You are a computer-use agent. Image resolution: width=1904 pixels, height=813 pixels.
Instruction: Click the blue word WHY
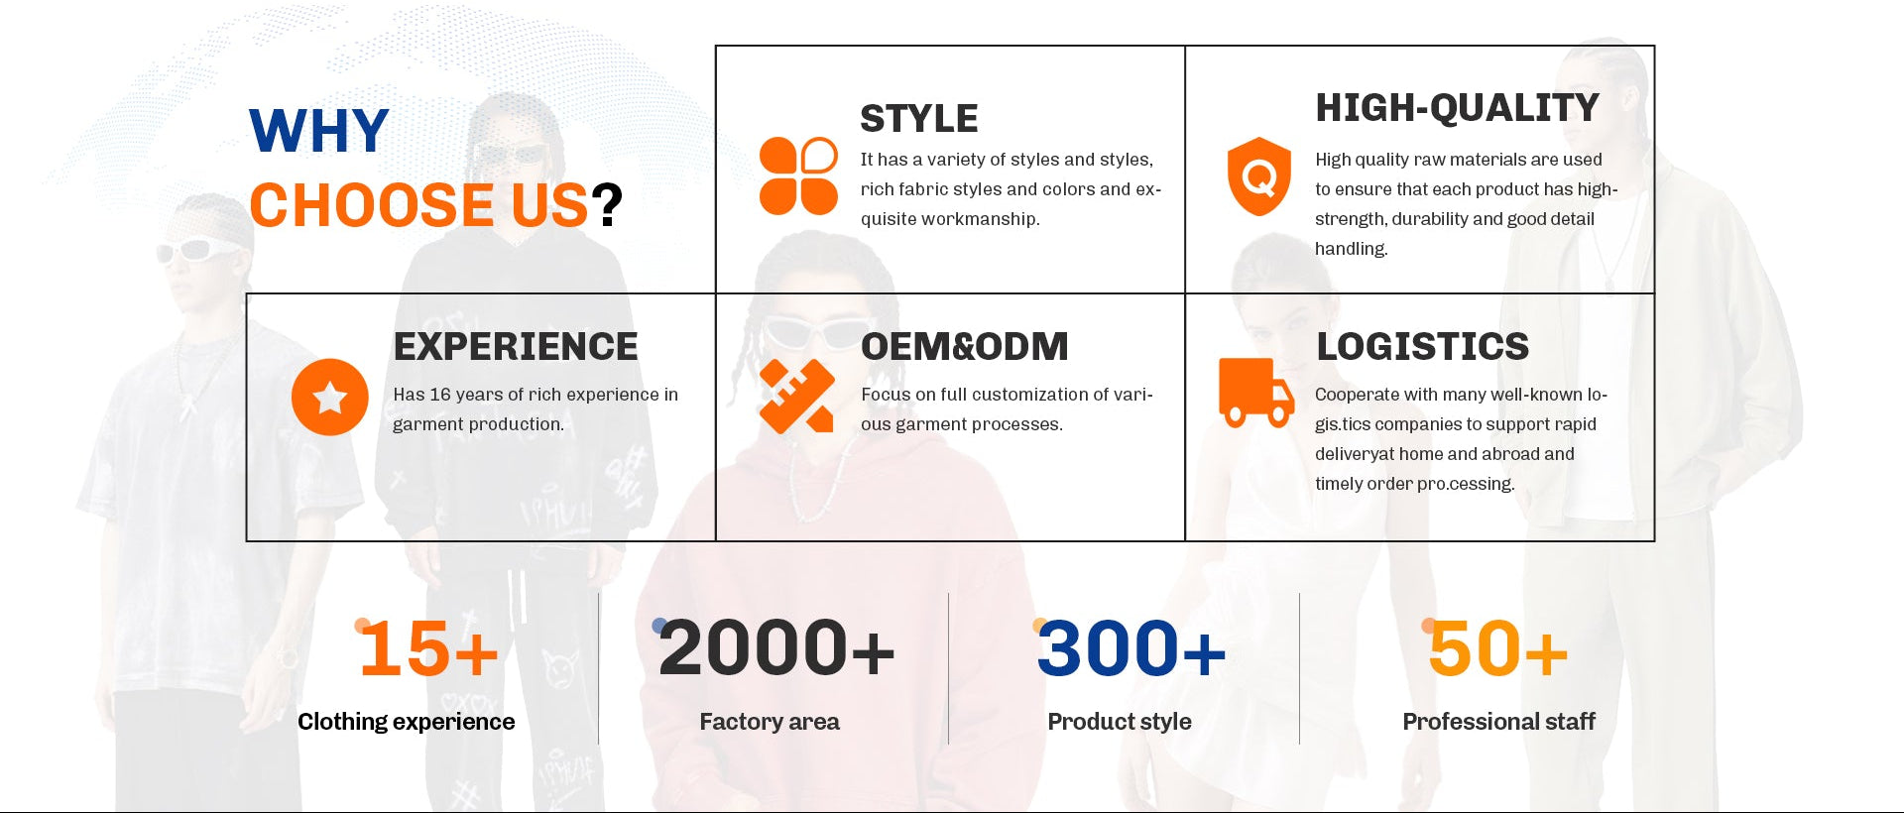[x=318, y=131]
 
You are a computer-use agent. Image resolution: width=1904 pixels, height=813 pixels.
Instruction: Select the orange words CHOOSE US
[x=418, y=205]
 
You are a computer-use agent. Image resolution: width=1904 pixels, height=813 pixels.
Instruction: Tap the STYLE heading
[x=919, y=119]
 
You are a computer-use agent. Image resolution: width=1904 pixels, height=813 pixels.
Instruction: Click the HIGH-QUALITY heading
[x=1457, y=108]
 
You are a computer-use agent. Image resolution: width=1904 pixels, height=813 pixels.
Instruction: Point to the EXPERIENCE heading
[x=516, y=347]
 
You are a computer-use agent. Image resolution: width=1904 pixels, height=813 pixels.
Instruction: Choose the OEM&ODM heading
[x=965, y=347]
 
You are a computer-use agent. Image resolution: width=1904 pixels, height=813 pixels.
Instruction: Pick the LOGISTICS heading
[x=1422, y=347]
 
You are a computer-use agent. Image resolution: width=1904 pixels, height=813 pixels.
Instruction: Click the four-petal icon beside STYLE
[x=798, y=176]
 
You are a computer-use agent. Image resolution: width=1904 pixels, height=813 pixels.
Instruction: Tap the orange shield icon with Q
[x=1259, y=176]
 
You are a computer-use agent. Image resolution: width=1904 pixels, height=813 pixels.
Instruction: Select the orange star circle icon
[x=330, y=397]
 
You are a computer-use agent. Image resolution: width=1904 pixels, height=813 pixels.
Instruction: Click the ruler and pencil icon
[x=796, y=397]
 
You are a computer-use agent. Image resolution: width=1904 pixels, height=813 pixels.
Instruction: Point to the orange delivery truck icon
[x=1256, y=393]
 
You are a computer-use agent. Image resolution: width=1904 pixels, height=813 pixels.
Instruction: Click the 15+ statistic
[x=428, y=649]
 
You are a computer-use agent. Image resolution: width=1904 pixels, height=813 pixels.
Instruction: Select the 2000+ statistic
[x=775, y=649]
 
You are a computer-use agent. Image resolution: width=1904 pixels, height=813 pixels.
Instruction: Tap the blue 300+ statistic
[x=1130, y=649]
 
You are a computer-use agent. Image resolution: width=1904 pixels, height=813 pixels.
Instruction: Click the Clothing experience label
[x=407, y=722]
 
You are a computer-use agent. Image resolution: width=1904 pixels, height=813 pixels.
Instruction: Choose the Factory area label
[x=770, y=722]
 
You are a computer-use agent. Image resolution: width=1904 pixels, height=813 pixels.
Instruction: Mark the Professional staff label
[x=1498, y=722]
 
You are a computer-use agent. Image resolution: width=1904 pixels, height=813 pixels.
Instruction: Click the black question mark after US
[x=607, y=205]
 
